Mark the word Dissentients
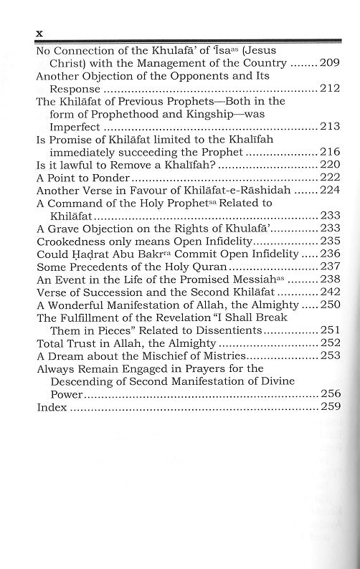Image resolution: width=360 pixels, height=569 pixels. coord(229,330)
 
